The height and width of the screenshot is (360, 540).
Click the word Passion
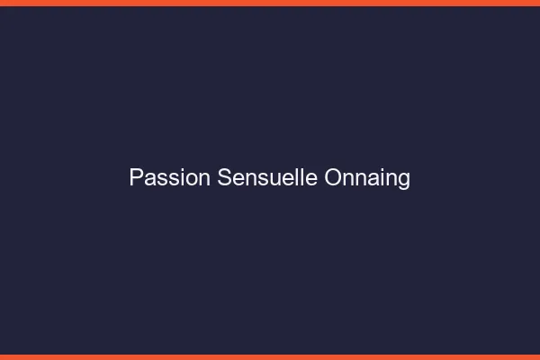coord(170,177)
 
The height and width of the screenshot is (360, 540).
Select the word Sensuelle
coord(267,177)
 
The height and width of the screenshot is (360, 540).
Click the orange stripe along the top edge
coord(270,3)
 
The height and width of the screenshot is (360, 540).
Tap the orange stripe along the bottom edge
coord(270,356)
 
